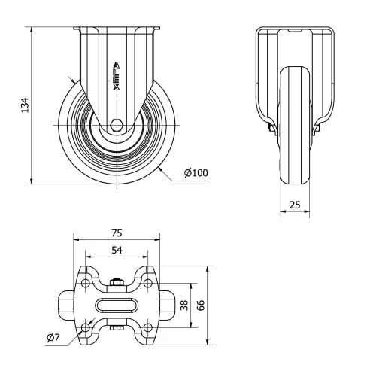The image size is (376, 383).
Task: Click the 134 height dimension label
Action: tap(24, 105)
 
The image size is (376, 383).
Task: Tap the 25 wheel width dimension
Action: tap(295, 205)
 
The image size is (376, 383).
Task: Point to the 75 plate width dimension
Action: tap(117, 233)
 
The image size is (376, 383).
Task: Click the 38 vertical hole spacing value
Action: tap(183, 305)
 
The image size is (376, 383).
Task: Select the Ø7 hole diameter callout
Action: tap(53, 337)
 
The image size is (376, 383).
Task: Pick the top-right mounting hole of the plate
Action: tap(148, 283)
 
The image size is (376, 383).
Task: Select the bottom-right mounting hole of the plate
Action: tap(148, 327)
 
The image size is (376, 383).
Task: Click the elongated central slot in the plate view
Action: tap(117, 305)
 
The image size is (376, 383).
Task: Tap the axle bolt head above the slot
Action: tap(117, 283)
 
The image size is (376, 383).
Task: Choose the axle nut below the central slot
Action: tap(117, 327)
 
